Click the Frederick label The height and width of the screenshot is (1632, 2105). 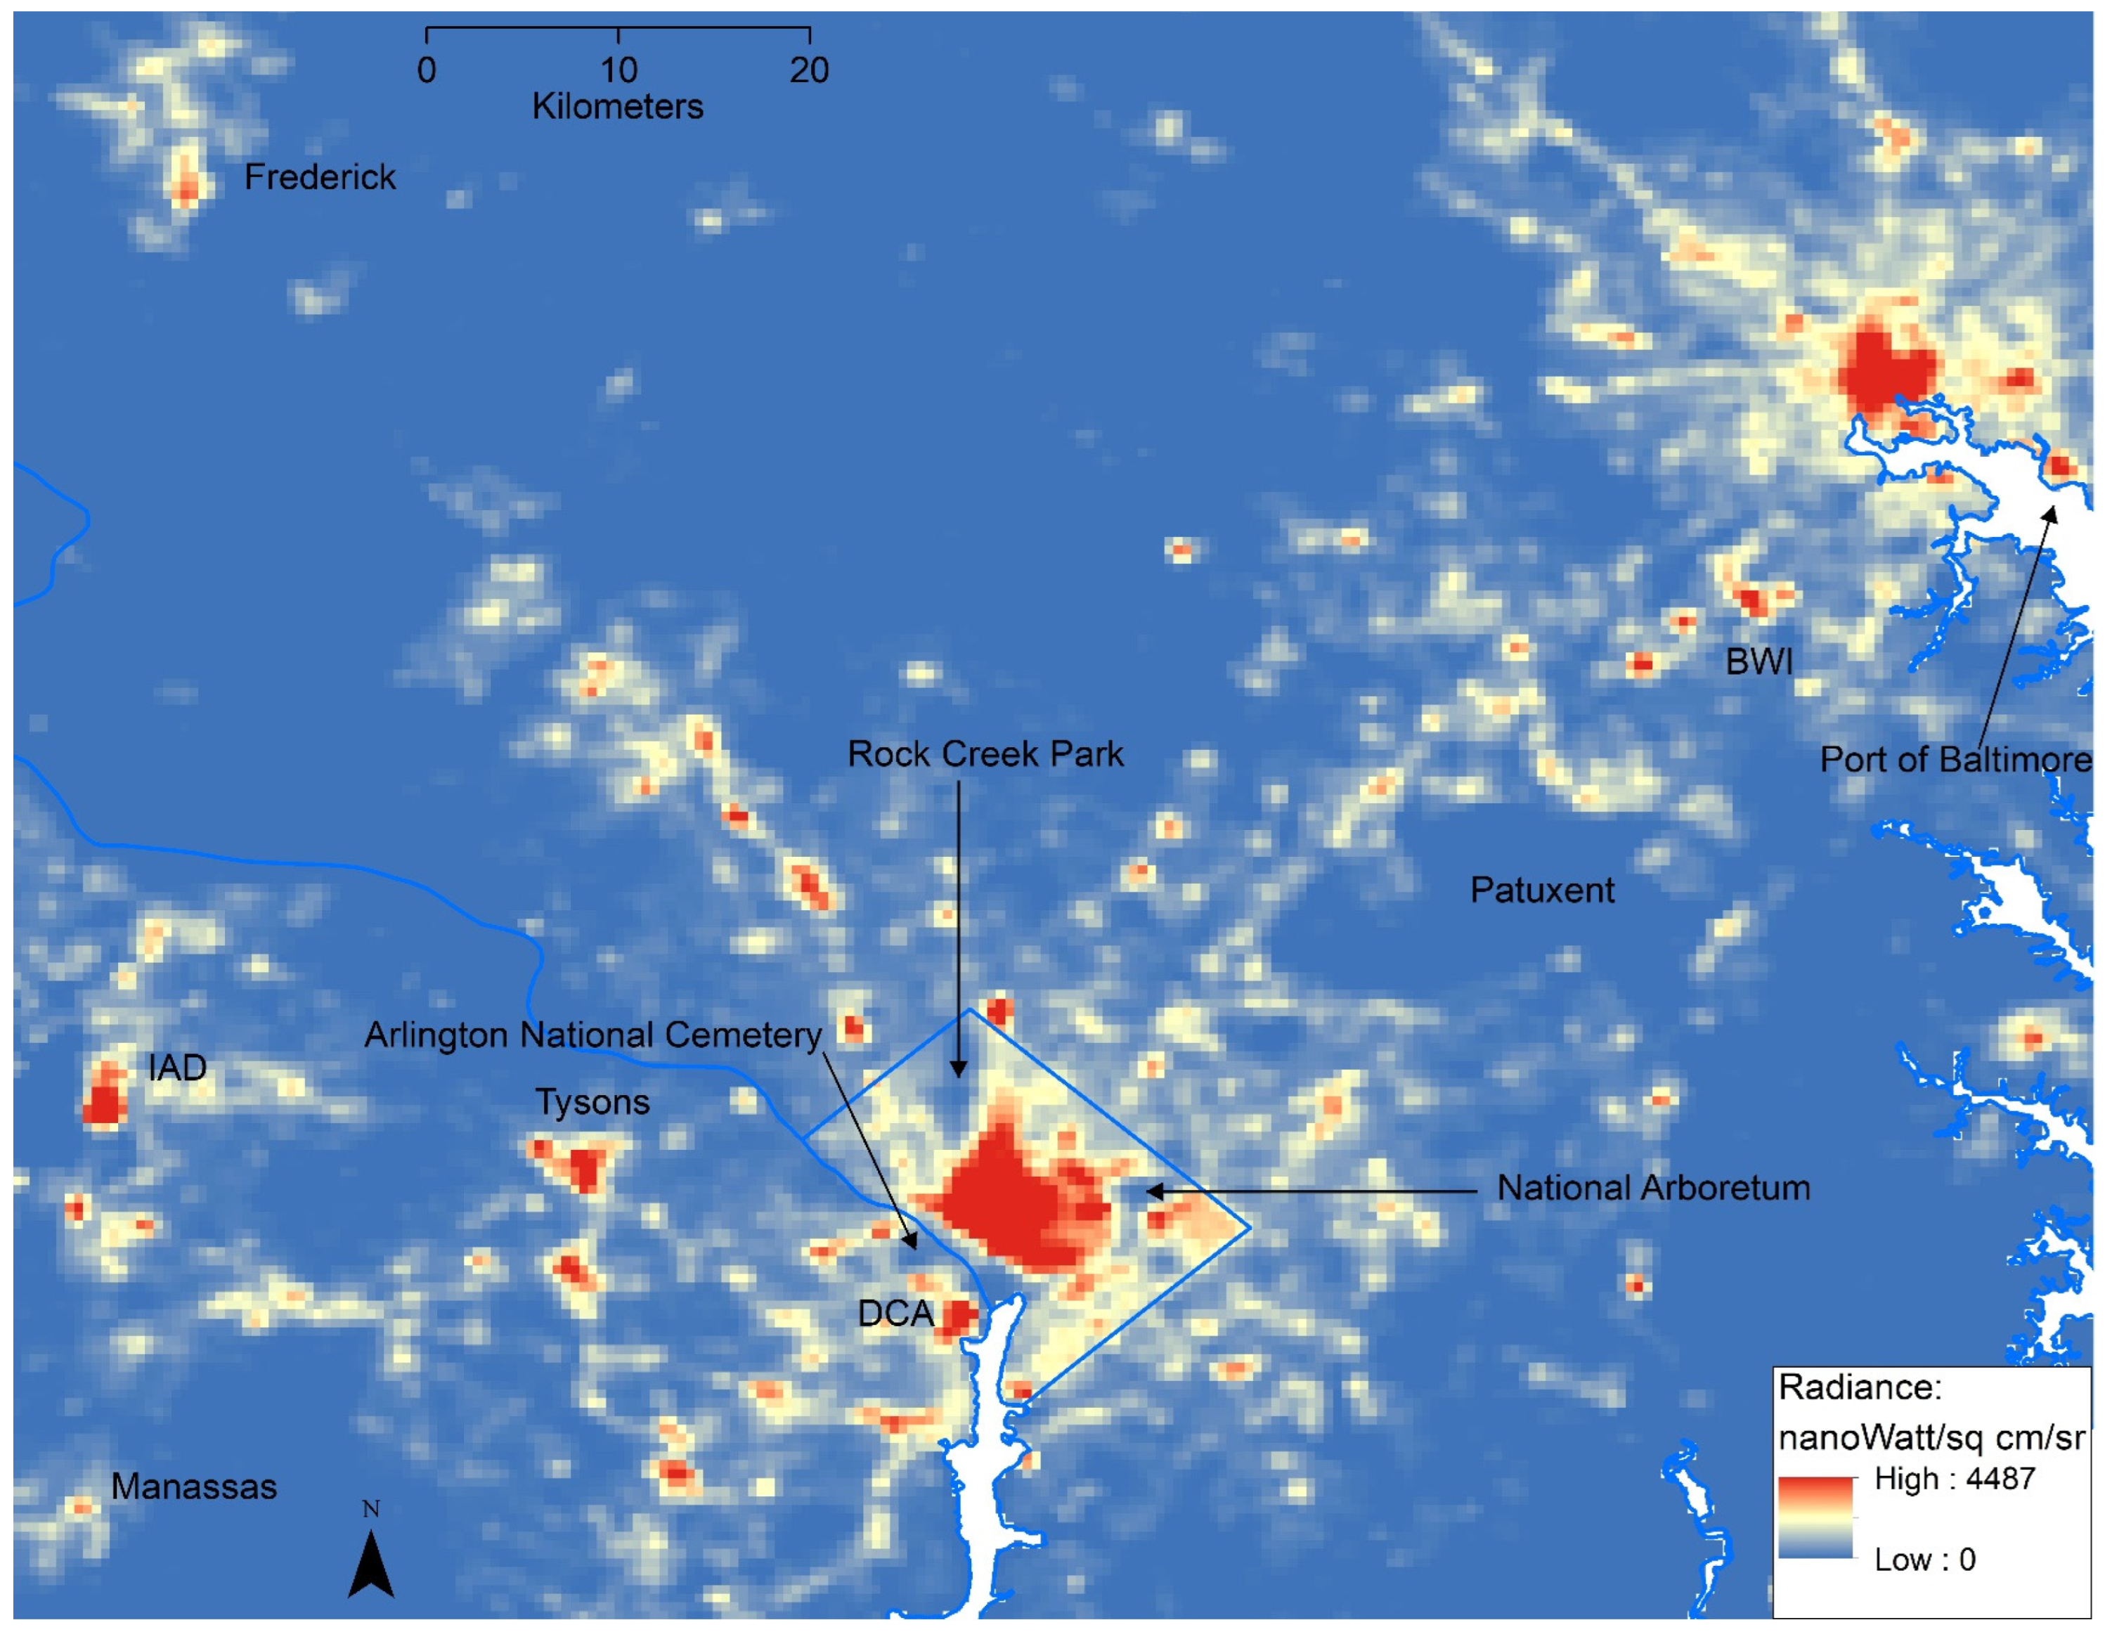tap(319, 177)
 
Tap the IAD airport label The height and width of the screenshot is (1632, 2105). tap(177, 1068)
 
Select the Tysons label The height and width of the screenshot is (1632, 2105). tap(592, 1102)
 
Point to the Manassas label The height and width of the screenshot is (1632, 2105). tap(194, 1487)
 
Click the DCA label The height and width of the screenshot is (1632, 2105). tap(895, 1313)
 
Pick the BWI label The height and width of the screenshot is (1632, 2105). tap(1759, 661)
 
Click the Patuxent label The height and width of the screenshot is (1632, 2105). tap(1541, 890)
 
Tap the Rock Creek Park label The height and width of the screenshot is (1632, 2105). tap(985, 754)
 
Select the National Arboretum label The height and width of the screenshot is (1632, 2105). tap(1653, 1188)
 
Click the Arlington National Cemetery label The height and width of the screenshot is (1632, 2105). tap(592, 1035)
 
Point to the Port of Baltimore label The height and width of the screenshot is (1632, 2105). tap(1955, 760)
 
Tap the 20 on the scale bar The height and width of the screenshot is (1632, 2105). tap(809, 70)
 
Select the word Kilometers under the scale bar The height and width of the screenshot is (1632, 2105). tap(618, 106)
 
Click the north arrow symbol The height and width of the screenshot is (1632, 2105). tap(371, 1565)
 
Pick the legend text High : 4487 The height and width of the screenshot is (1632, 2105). tap(1954, 1479)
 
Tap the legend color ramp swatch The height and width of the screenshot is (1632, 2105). tap(1815, 1517)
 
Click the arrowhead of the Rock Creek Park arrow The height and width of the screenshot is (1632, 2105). tap(958, 1072)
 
